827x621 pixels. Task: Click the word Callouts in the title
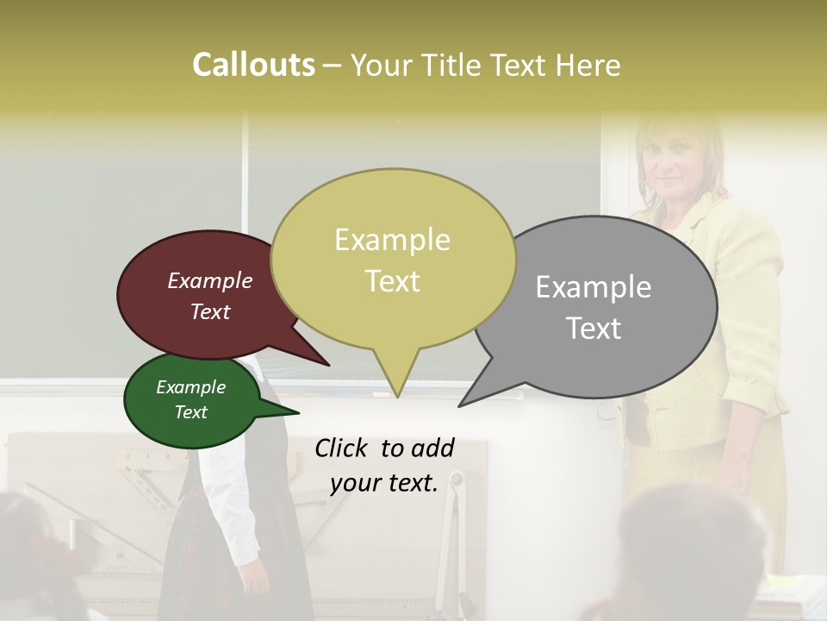coord(253,66)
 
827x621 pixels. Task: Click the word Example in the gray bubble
coord(594,287)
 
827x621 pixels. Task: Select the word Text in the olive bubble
coord(393,281)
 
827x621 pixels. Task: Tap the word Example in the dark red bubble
coord(209,281)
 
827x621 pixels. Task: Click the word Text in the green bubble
coord(191,412)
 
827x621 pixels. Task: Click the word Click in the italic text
coord(343,448)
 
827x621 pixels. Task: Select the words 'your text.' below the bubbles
coord(384,483)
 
